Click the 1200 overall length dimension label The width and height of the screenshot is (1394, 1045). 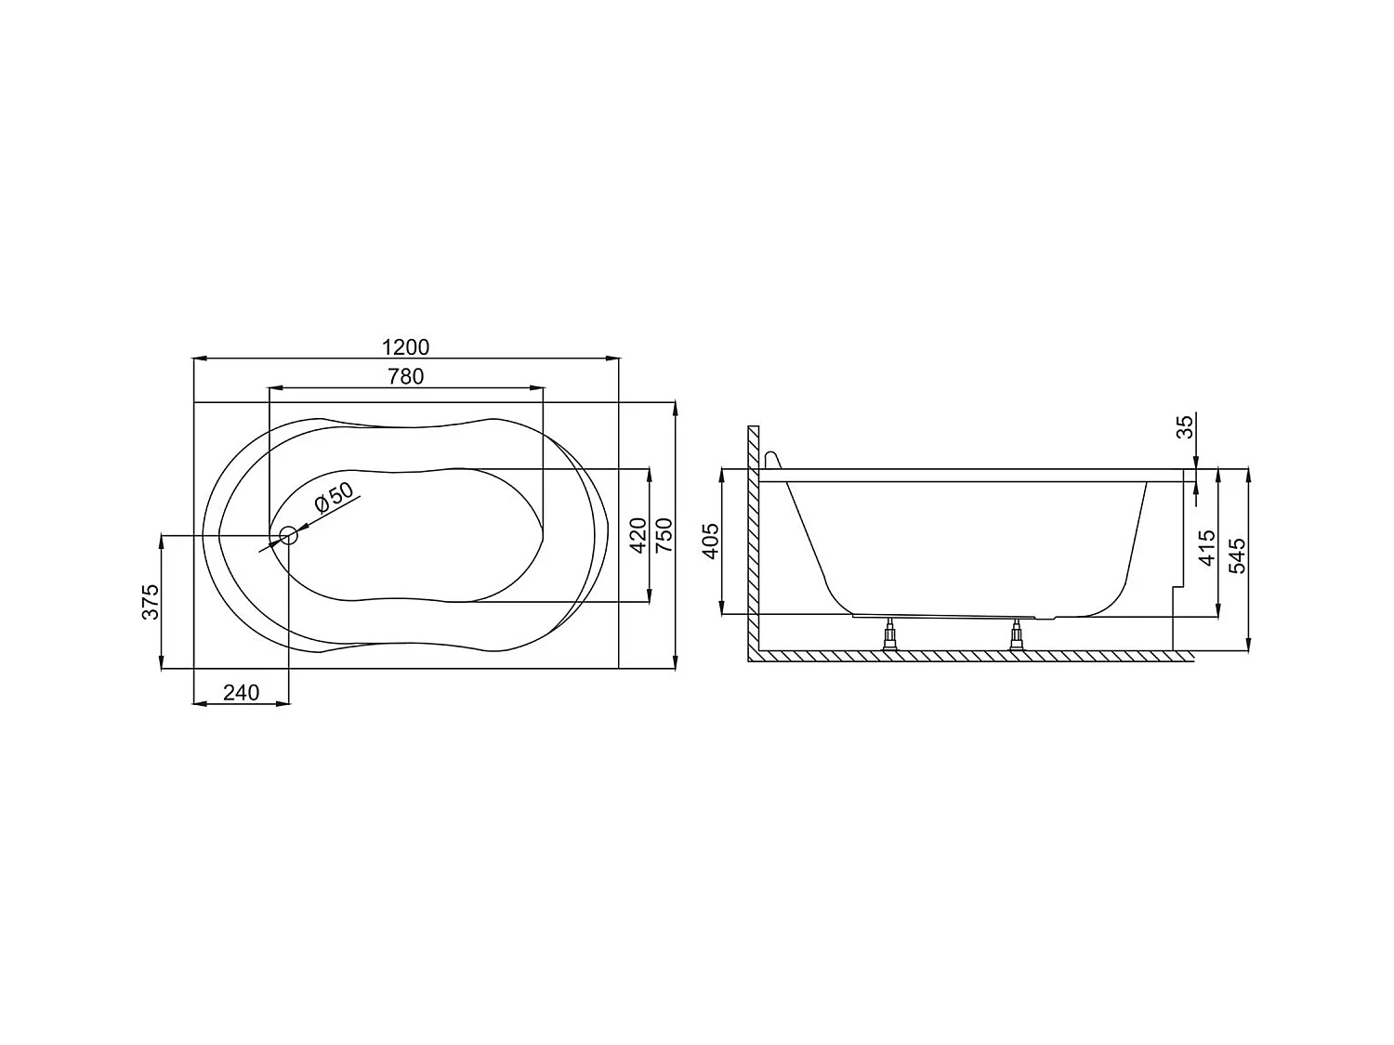(406, 347)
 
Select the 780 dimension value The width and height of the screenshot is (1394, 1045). (406, 376)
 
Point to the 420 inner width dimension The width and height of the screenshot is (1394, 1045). (638, 536)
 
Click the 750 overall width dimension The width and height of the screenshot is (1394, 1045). (664, 536)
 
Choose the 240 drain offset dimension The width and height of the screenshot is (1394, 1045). (241, 692)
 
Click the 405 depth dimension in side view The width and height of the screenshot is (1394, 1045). (710, 542)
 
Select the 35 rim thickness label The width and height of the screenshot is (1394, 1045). (1184, 427)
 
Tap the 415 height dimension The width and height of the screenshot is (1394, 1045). (1206, 548)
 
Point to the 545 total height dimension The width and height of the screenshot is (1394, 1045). (1237, 556)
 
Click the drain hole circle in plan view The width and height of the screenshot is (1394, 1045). (288, 535)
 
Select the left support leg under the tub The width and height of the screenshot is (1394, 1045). (890, 636)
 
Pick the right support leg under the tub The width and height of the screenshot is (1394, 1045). (1016, 636)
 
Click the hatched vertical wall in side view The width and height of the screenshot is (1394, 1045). (754, 539)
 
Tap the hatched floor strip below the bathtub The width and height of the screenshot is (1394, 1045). (967, 656)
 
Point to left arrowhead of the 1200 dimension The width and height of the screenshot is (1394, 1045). (198, 358)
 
